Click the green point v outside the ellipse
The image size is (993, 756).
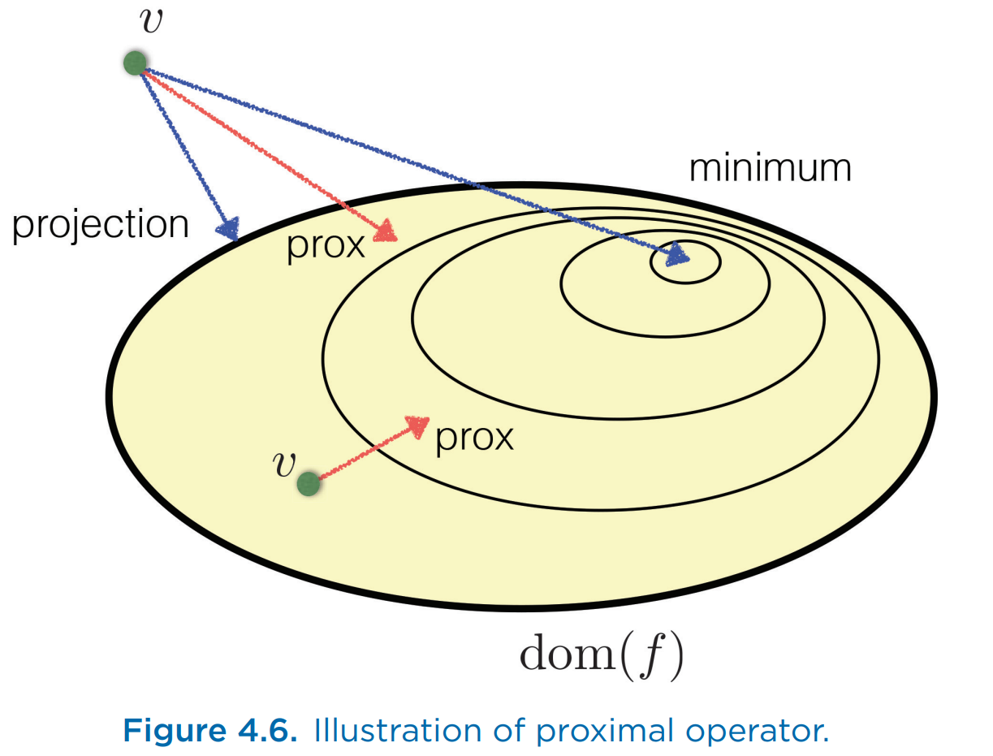pyautogui.click(x=135, y=63)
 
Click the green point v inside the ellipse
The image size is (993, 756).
pyautogui.click(x=308, y=484)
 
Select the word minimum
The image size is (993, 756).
pyautogui.click(x=770, y=168)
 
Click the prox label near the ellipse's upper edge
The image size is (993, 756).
pyautogui.click(x=326, y=244)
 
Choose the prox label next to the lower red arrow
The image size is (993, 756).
pyautogui.click(x=474, y=438)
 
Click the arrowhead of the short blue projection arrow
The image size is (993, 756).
pyautogui.click(x=229, y=228)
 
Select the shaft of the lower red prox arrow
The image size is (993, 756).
pyautogui.click(x=361, y=456)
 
